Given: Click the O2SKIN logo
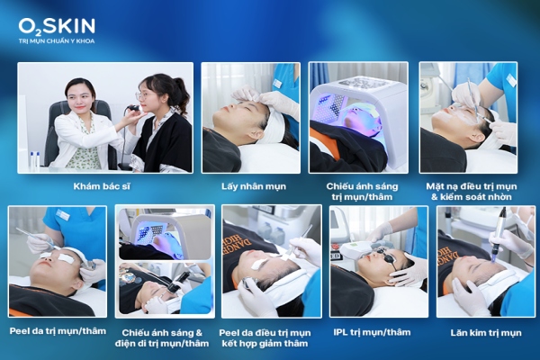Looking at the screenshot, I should click(x=56, y=26).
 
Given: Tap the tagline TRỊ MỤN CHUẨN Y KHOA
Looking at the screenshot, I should click(x=56, y=41).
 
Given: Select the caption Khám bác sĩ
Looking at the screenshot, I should click(x=104, y=185).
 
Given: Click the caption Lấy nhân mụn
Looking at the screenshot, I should click(x=249, y=185).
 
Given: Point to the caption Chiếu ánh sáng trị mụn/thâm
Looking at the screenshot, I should click(x=357, y=191).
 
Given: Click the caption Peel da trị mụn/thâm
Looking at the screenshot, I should click(x=57, y=331).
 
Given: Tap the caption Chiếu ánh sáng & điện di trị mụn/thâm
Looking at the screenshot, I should click(x=165, y=337).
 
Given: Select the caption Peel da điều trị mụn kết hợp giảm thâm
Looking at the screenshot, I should click(x=271, y=337).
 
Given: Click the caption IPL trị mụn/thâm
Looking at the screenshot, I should click(x=378, y=331).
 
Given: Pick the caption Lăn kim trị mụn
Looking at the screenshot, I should click(x=486, y=331).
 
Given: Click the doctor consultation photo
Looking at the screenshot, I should click(x=104, y=117).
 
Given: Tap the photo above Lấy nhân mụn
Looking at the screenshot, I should click(x=249, y=117).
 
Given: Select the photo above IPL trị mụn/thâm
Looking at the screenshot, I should click(x=378, y=261).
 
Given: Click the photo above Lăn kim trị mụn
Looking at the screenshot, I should click(x=486, y=261).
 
